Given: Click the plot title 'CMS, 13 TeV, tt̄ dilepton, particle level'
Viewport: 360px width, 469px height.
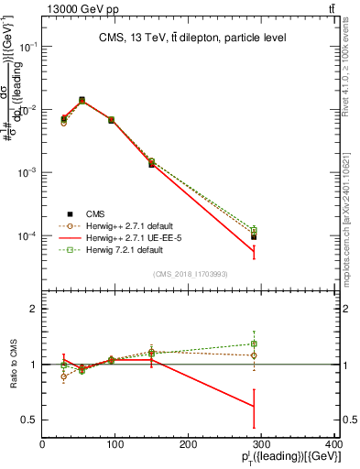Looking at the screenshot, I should [192, 38].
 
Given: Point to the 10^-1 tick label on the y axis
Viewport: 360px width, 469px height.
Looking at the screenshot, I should [27, 47].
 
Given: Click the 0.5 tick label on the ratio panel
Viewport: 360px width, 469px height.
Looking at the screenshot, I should [31, 420].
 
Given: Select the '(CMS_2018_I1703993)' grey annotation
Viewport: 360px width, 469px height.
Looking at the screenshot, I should [190, 274].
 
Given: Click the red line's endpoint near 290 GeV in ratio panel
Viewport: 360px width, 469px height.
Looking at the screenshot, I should [254, 406].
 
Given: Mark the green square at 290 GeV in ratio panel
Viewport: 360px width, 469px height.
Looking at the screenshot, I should [254, 344].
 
